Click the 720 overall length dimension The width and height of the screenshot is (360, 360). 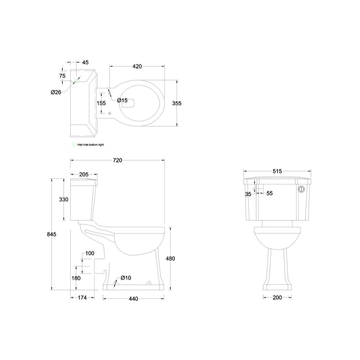[117, 160]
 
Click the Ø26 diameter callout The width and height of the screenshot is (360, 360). [56, 92]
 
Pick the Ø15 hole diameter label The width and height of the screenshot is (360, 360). [122, 100]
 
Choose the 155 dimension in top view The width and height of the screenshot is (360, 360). [101, 103]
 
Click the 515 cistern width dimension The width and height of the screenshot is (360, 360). [277, 171]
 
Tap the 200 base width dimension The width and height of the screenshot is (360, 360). [277, 298]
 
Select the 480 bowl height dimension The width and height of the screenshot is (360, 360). [170, 259]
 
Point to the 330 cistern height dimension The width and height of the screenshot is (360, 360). [64, 200]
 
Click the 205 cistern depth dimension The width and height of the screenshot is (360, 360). [84, 175]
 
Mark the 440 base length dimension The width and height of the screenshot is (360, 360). [133, 299]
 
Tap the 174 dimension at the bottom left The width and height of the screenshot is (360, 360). [82, 298]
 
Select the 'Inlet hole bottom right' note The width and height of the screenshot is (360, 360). [91, 144]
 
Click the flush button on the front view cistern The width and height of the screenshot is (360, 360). [301, 189]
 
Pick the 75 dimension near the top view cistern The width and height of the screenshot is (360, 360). [62, 76]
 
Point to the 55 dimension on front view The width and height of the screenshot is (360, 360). [269, 194]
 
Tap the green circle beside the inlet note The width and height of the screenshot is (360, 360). [73, 144]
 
